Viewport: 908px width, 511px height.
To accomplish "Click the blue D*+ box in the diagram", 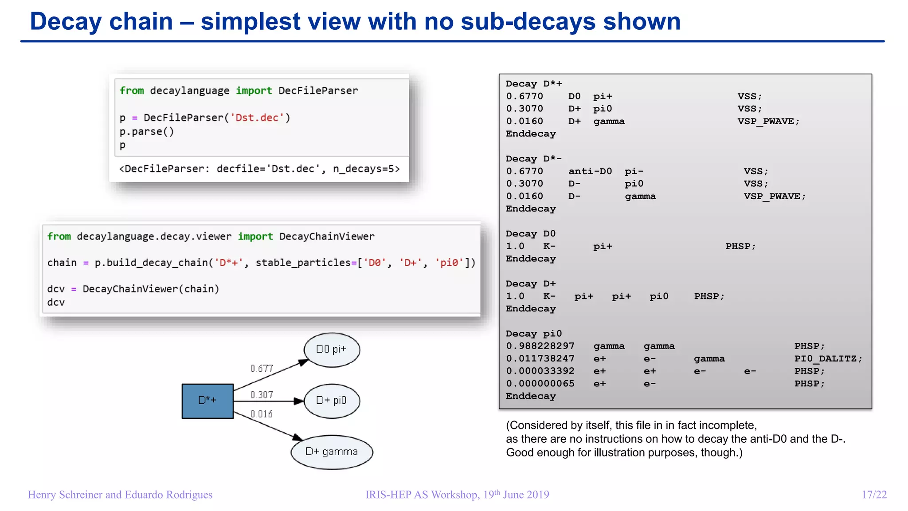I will pos(207,401).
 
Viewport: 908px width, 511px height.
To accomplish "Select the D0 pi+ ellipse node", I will pos(332,350).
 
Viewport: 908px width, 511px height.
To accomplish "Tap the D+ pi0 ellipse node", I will pos(332,401).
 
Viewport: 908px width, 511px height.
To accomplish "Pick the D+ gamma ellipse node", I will pos(332,452).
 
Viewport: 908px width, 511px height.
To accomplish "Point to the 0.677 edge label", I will pos(262,369).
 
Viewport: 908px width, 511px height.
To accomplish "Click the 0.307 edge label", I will pos(262,395).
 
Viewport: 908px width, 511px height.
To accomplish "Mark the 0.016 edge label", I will pos(262,414).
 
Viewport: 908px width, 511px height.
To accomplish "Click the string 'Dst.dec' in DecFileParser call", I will pos(257,118).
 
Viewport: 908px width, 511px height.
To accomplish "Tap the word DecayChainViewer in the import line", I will pos(327,236).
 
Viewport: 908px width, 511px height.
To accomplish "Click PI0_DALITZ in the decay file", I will pos(828,358).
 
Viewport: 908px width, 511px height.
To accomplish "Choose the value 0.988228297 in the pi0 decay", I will pos(540,346).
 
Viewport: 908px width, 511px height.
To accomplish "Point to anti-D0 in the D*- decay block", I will pos(590,171).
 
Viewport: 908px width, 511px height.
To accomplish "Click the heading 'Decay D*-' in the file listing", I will pos(534,159).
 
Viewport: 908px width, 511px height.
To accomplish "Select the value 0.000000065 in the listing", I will pos(540,384).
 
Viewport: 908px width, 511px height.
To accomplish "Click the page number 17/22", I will pos(874,495).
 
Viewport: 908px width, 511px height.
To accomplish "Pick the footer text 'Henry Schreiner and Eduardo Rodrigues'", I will pos(120,495).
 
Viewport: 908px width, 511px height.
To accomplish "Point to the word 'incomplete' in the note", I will pos(728,425).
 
